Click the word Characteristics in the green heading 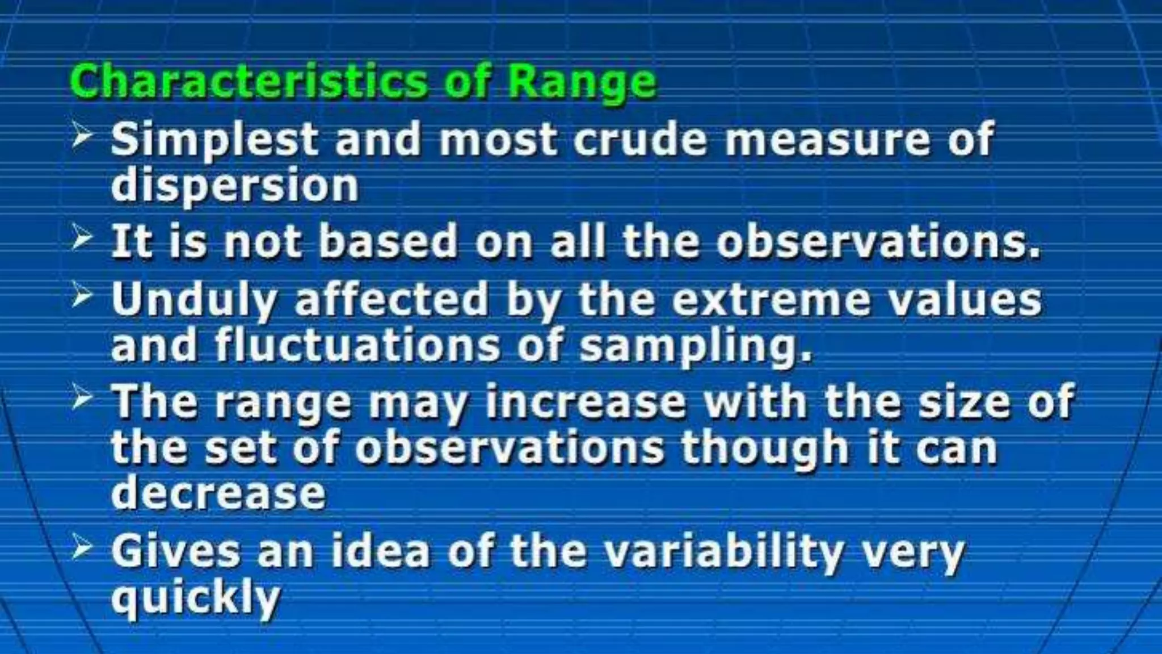tap(247, 82)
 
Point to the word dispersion tap(235, 186)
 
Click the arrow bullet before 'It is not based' tap(82, 238)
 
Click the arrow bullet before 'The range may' tap(82, 399)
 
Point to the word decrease tap(218, 493)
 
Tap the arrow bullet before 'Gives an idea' tap(82, 548)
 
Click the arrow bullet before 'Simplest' tap(82, 137)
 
